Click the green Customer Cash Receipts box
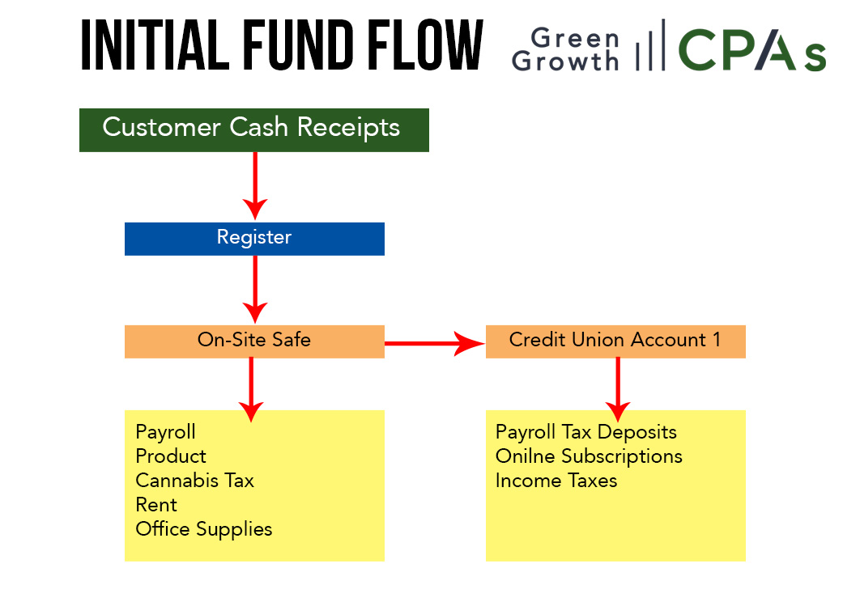pos(254,130)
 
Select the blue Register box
pos(254,239)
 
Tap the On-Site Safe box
pos(254,341)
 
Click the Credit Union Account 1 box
pos(615,341)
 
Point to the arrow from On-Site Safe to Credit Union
pos(435,344)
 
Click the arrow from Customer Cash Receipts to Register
pos(255,186)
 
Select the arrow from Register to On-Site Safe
pos(255,290)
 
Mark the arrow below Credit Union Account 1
pos(618,389)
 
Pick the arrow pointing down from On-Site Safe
pos(251,389)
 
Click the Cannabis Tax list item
pos(194,481)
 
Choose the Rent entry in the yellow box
pos(156,504)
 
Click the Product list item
pos(171,456)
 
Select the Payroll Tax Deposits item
pos(585,432)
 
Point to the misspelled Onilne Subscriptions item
pos(589,456)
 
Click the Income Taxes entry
pos(556,481)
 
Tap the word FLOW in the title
pos(425,45)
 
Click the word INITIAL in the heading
pos(155,45)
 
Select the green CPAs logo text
pos(752,50)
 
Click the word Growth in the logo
pos(565,61)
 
